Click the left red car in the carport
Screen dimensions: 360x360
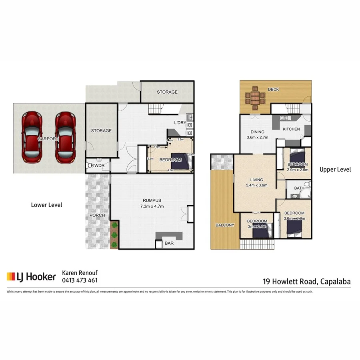[x=32, y=137]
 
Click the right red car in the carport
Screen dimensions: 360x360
[x=65, y=137]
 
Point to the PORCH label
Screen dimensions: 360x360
[x=97, y=215]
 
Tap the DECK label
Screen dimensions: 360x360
[x=273, y=89]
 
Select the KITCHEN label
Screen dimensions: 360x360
[x=291, y=130]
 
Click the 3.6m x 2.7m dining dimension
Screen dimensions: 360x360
[x=257, y=138]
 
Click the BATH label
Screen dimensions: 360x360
[x=299, y=188]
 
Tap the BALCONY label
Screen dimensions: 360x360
[x=224, y=225]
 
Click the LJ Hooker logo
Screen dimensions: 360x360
[x=31, y=276]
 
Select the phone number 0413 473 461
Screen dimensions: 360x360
[x=80, y=280]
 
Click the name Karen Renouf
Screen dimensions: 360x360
[x=80, y=273]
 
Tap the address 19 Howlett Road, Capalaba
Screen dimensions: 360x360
[x=306, y=282]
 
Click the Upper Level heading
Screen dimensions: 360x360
[x=335, y=170]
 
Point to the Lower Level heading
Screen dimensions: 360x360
[x=46, y=205]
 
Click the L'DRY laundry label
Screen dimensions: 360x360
[x=179, y=123]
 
